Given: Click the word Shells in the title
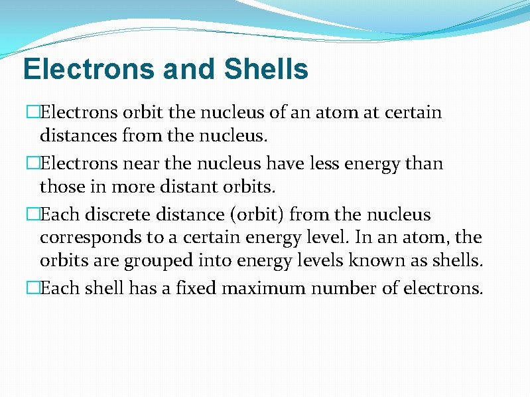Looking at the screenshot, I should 267,69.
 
